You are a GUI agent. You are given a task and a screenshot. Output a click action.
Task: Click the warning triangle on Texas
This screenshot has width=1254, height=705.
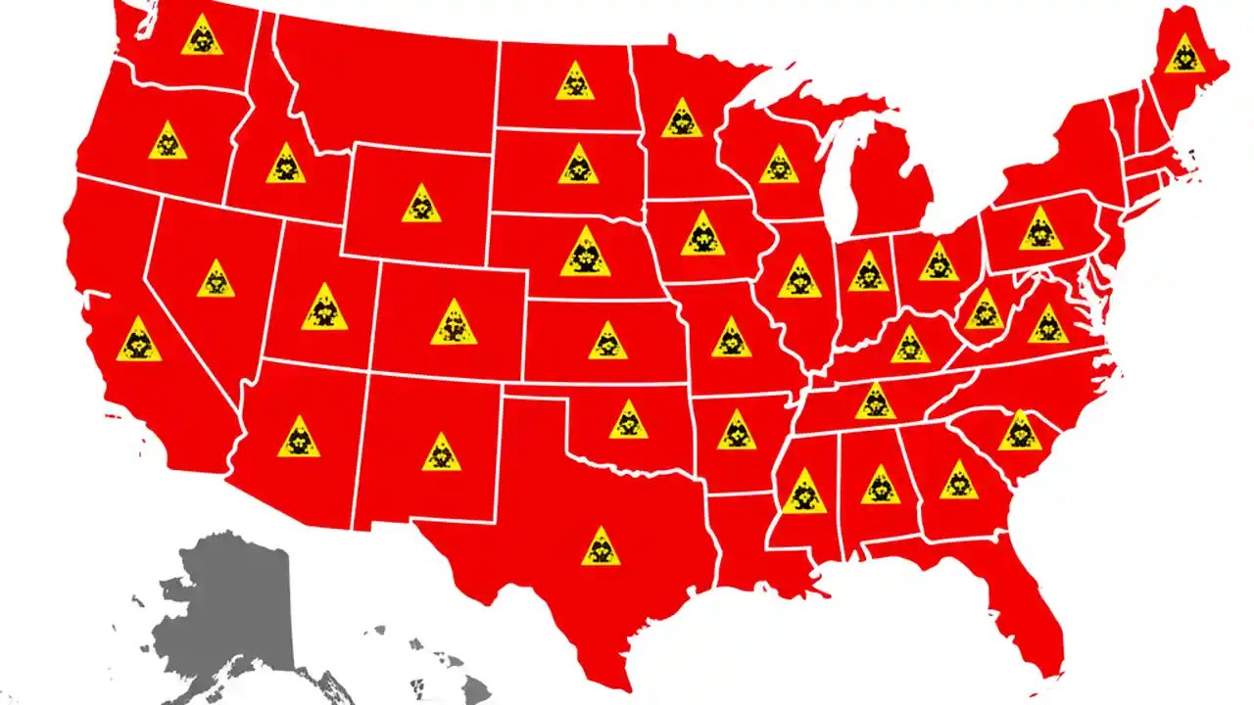(x=600, y=548)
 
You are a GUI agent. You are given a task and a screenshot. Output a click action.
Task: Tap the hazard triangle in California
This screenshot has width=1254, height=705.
(x=138, y=341)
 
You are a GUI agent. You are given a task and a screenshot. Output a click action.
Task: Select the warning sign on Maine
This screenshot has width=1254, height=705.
(x=1185, y=55)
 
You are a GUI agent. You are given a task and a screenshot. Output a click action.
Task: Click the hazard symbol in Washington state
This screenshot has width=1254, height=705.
(x=202, y=36)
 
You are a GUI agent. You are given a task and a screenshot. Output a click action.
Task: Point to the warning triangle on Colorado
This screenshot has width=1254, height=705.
(x=453, y=324)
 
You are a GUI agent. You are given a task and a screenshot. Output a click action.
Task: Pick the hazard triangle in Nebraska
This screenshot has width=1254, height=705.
(x=586, y=254)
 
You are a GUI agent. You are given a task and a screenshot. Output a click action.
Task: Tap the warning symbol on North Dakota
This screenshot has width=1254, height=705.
(x=575, y=82)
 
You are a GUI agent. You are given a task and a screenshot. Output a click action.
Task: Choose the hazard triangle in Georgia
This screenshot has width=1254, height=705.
(x=958, y=481)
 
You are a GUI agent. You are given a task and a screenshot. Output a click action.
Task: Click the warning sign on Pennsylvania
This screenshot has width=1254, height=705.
(x=1040, y=230)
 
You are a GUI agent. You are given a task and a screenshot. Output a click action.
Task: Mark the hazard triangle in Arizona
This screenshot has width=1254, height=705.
(x=299, y=439)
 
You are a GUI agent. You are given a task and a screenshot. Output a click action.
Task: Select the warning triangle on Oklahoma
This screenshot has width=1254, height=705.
(x=628, y=421)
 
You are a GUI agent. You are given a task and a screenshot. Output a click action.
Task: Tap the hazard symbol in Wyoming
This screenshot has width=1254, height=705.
(x=421, y=205)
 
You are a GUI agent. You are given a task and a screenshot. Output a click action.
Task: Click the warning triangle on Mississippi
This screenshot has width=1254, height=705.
(x=804, y=493)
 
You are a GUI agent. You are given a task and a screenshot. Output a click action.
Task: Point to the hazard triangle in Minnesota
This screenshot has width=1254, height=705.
(x=682, y=119)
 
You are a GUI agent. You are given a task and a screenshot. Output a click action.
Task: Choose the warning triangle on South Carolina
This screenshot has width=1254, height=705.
(x=1020, y=432)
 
